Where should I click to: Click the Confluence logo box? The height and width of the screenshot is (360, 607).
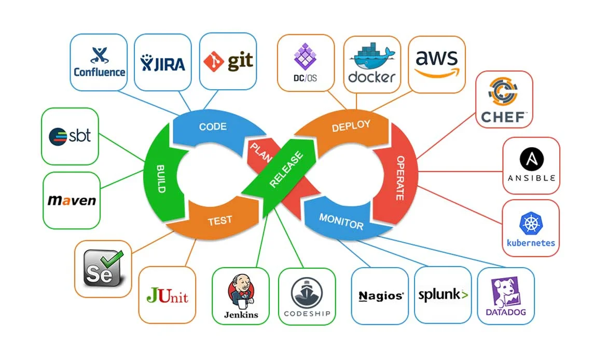pyautogui.click(x=99, y=62)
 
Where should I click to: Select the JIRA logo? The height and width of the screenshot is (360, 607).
pyautogui.click(x=162, y=63)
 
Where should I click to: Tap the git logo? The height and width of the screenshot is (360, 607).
pyautogui.click(x=228, y=62)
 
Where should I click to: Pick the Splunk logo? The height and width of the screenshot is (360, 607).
pyautogui.click(x=443, y=295)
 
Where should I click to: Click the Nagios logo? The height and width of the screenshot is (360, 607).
pyautogui.click(x=381, y=296)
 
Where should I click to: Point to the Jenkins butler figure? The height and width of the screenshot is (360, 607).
pyautogui.click(x=240, y=291)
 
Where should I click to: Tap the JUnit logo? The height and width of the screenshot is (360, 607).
pyautogui.click(x=167, y=296)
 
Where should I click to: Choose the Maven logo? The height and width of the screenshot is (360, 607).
pyautogui.click(x=72, y=201)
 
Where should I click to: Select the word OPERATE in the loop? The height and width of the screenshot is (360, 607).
pyautogui.click(x=401, y=178)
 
